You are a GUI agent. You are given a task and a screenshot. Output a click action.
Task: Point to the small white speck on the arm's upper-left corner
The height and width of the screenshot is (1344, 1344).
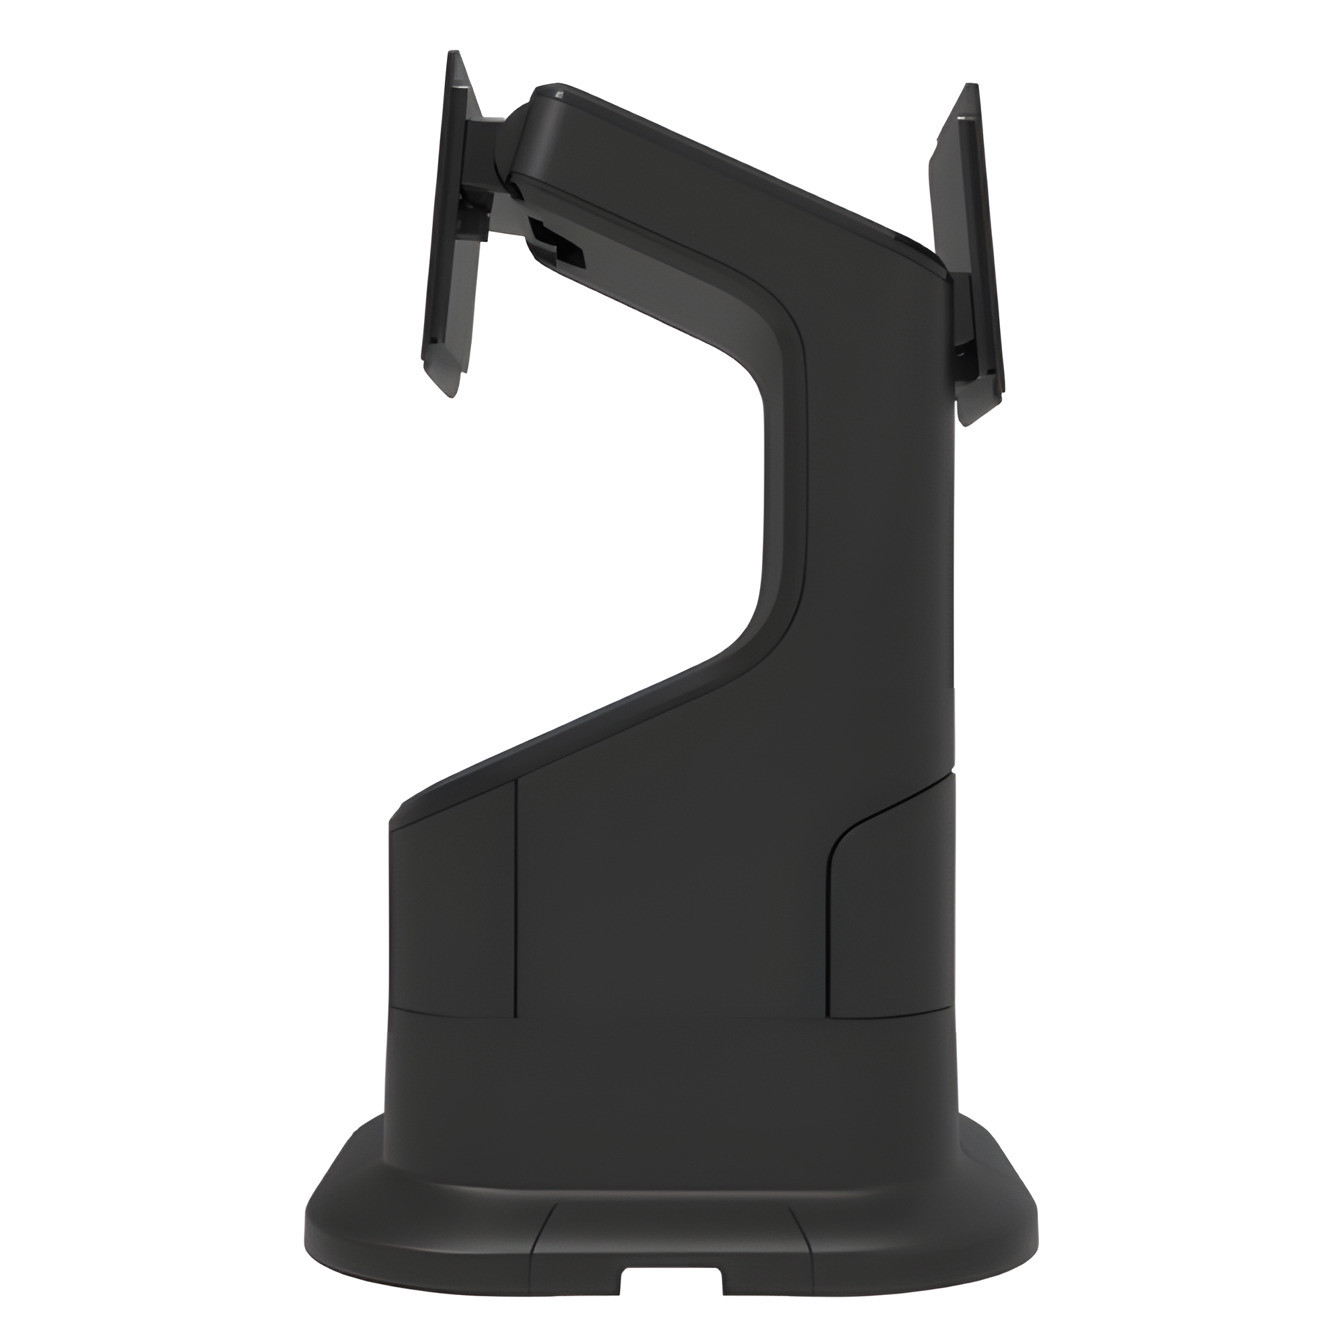[x=556, y=92]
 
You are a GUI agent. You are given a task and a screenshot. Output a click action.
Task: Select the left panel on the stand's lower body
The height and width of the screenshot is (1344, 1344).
[x=452, y=925]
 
